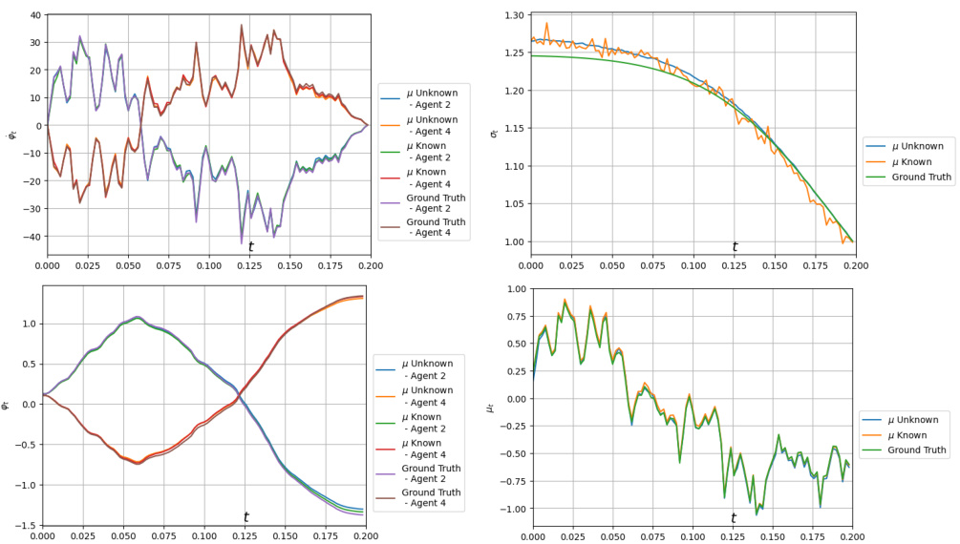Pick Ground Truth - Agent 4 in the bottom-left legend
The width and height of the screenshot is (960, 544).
(431, 497)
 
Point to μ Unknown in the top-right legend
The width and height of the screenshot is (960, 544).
(915, 146)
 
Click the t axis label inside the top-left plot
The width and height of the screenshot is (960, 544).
(250, 246)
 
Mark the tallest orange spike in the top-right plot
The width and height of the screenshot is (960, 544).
(546, 23)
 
